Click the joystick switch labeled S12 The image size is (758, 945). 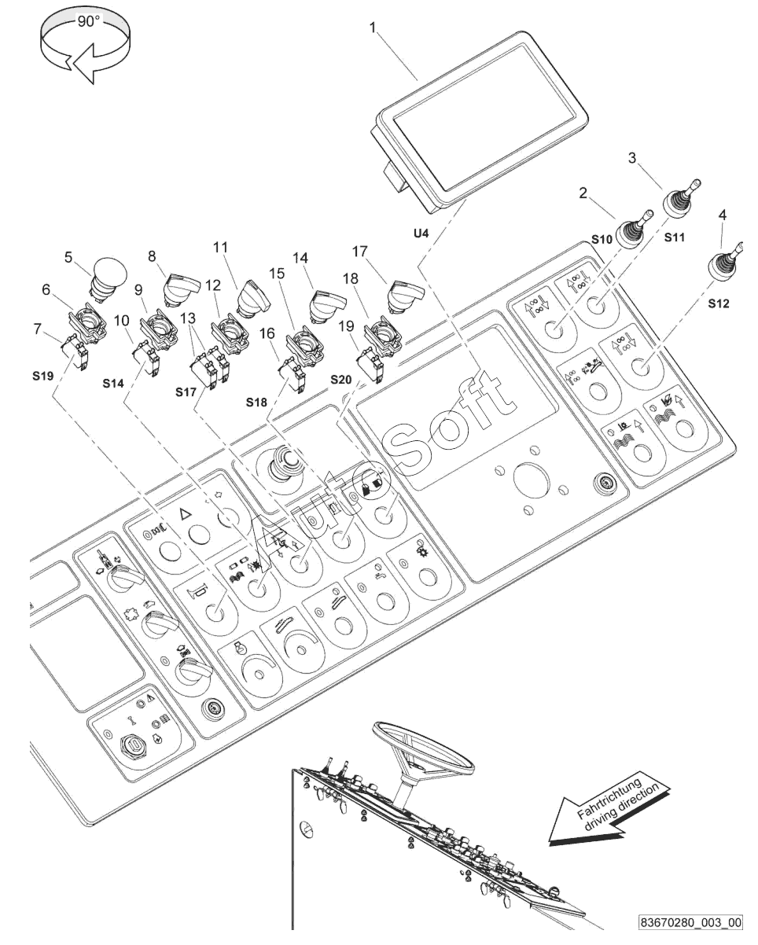pos(725,263)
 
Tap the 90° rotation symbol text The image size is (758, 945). pos(88,21)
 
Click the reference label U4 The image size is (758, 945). pos(421,233)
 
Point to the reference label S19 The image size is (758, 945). pos(43,376)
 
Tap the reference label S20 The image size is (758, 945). pos(340,380)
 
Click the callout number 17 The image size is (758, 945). pos(359,252)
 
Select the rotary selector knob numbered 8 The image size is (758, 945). pos(182,287)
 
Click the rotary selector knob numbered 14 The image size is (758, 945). pos(327,305)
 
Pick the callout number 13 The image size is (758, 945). pos(188,318)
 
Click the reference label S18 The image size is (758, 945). pos(256,403)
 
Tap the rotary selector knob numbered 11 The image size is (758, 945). pos(253,298)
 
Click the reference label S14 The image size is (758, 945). pos(113,384)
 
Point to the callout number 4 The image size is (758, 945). pos(723,215)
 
